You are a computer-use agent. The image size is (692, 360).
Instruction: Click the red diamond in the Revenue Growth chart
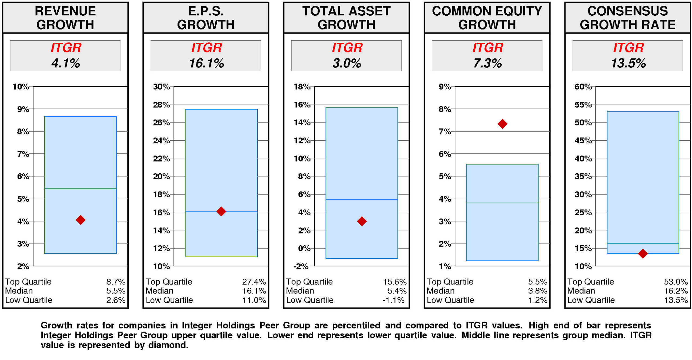tap(81, 220)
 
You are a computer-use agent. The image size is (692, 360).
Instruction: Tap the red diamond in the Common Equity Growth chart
tap(502, 124)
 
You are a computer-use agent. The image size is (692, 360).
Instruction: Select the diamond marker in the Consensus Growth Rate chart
tap(643, 253)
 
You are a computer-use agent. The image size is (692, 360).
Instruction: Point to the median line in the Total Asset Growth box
tap(361, 200)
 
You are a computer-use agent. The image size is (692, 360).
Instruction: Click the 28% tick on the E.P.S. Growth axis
tap(161, 105)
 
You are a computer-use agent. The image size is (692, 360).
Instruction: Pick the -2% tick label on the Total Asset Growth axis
tap(301, 266)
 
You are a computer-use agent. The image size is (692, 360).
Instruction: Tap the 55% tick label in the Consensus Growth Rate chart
tap(583, 105)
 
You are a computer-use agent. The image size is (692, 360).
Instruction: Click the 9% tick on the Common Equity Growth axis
tap(445, 87)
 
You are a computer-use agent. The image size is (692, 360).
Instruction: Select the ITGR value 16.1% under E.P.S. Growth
tap(206, 63)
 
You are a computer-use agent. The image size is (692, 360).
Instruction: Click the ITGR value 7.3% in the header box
tap(487, 63)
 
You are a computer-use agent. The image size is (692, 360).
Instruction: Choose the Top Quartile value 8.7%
tap(116, 282)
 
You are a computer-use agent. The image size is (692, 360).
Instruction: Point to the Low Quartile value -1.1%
tap(393, 300)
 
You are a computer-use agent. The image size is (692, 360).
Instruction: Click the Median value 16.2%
tap(676, 291)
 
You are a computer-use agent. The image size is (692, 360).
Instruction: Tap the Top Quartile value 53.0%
tap(676, 282)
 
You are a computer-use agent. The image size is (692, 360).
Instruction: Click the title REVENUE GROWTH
tap(65, 18)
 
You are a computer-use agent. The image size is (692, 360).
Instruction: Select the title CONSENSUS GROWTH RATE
tap(627, 18)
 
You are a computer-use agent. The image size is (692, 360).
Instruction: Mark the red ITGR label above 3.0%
tap(347, 48)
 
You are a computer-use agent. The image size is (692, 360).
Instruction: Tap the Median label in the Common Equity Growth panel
tap(440, 291)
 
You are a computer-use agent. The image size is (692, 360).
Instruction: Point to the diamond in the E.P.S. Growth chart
tap(221, 211)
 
